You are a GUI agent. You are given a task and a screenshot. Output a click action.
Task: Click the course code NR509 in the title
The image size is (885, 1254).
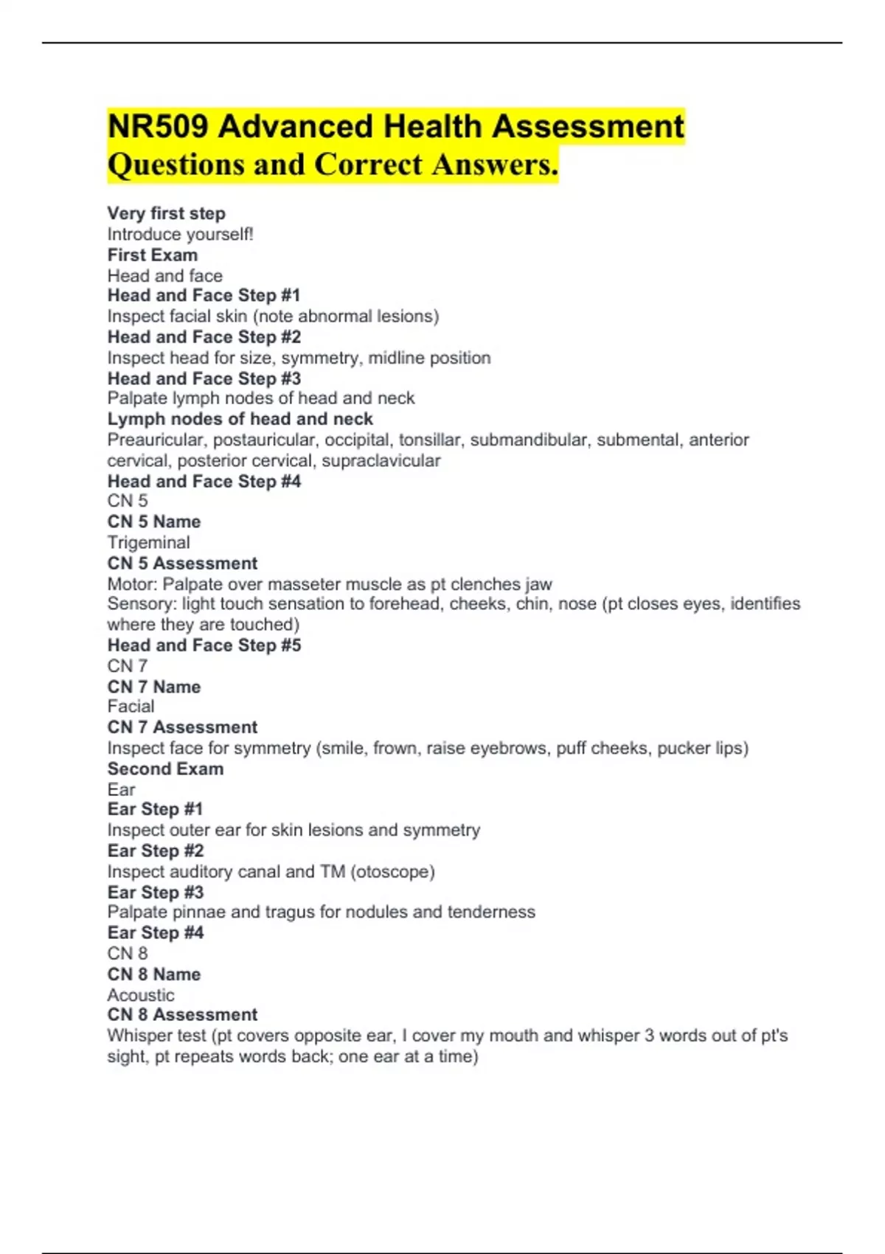click(x=157, y=126)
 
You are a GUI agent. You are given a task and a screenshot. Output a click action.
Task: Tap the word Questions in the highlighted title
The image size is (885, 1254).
click(x=176, y=164)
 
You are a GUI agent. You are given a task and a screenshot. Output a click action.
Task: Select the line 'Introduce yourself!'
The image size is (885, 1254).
click(x=180, y=235)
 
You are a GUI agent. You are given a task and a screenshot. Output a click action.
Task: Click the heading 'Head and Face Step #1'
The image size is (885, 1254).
click(x=204, y=296)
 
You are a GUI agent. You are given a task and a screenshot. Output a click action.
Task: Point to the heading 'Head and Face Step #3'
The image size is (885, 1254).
click(x=204, y=378)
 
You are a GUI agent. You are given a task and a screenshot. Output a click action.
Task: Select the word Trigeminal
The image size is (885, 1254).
click(x=148, y=543)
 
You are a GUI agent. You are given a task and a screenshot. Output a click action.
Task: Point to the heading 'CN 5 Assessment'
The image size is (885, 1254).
click(x=182, y=564)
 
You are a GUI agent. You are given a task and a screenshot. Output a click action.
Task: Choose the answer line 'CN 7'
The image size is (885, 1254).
click(x=127, y=666)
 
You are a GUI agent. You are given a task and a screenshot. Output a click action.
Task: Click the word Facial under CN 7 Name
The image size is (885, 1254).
click(x=131, y=707)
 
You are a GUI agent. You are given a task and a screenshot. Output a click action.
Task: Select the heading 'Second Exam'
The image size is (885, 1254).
click(x=165, y=769)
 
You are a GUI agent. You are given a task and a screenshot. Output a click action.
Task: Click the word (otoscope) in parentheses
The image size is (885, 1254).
click(x=392, y=872)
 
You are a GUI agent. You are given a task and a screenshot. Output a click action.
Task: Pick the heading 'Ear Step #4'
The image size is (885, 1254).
click(x=155, y=933)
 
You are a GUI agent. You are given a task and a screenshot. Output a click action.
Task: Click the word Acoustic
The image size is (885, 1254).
click(x=141, y=995)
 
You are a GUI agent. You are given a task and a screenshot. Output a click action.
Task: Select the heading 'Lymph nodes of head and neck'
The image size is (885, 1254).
click(x=240, y=419)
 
